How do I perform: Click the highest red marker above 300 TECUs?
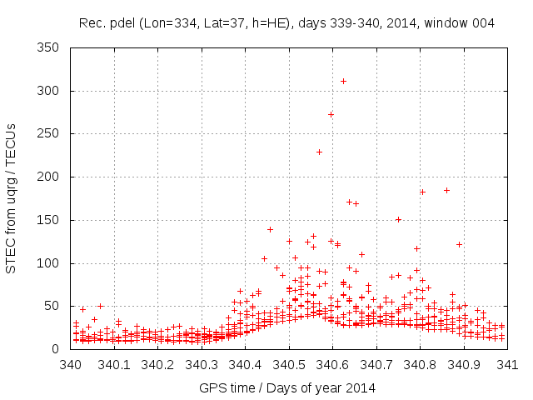click(343, 81)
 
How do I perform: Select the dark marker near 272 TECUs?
click(331, 114)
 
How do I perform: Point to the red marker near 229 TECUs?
click(319, 152)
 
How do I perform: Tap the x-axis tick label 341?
click(507, 364)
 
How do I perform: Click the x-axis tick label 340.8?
click(420, 364)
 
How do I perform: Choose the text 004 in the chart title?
click(483, 23)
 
